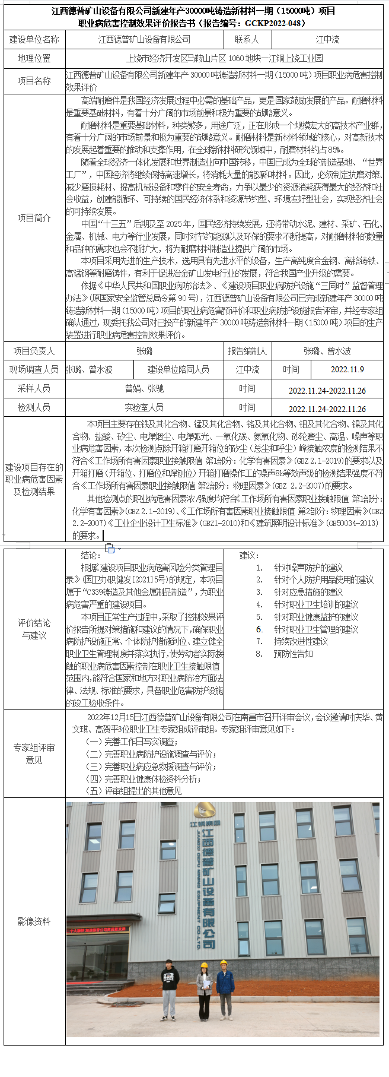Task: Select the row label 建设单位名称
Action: (x=34, y=39)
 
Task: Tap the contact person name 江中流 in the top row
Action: (x=327, y=39)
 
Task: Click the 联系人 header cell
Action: (x=247, y=39)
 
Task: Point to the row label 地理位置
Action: (x=34, y=58)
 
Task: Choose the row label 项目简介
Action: (x=34, y=218)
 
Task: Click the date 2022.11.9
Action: (x=347, y=369)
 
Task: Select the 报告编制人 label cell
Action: (x=248, y=351)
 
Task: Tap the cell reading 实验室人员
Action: (x=144, y=407)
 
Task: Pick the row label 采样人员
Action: (x=34, y=388)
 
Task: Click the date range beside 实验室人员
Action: (x=327, y=408)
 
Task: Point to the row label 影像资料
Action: (x=34, y=921)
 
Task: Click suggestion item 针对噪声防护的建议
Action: (x=308, y=568)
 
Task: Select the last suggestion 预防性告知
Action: (x=293, y=654)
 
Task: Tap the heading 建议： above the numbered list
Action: (x=249, y=555)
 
